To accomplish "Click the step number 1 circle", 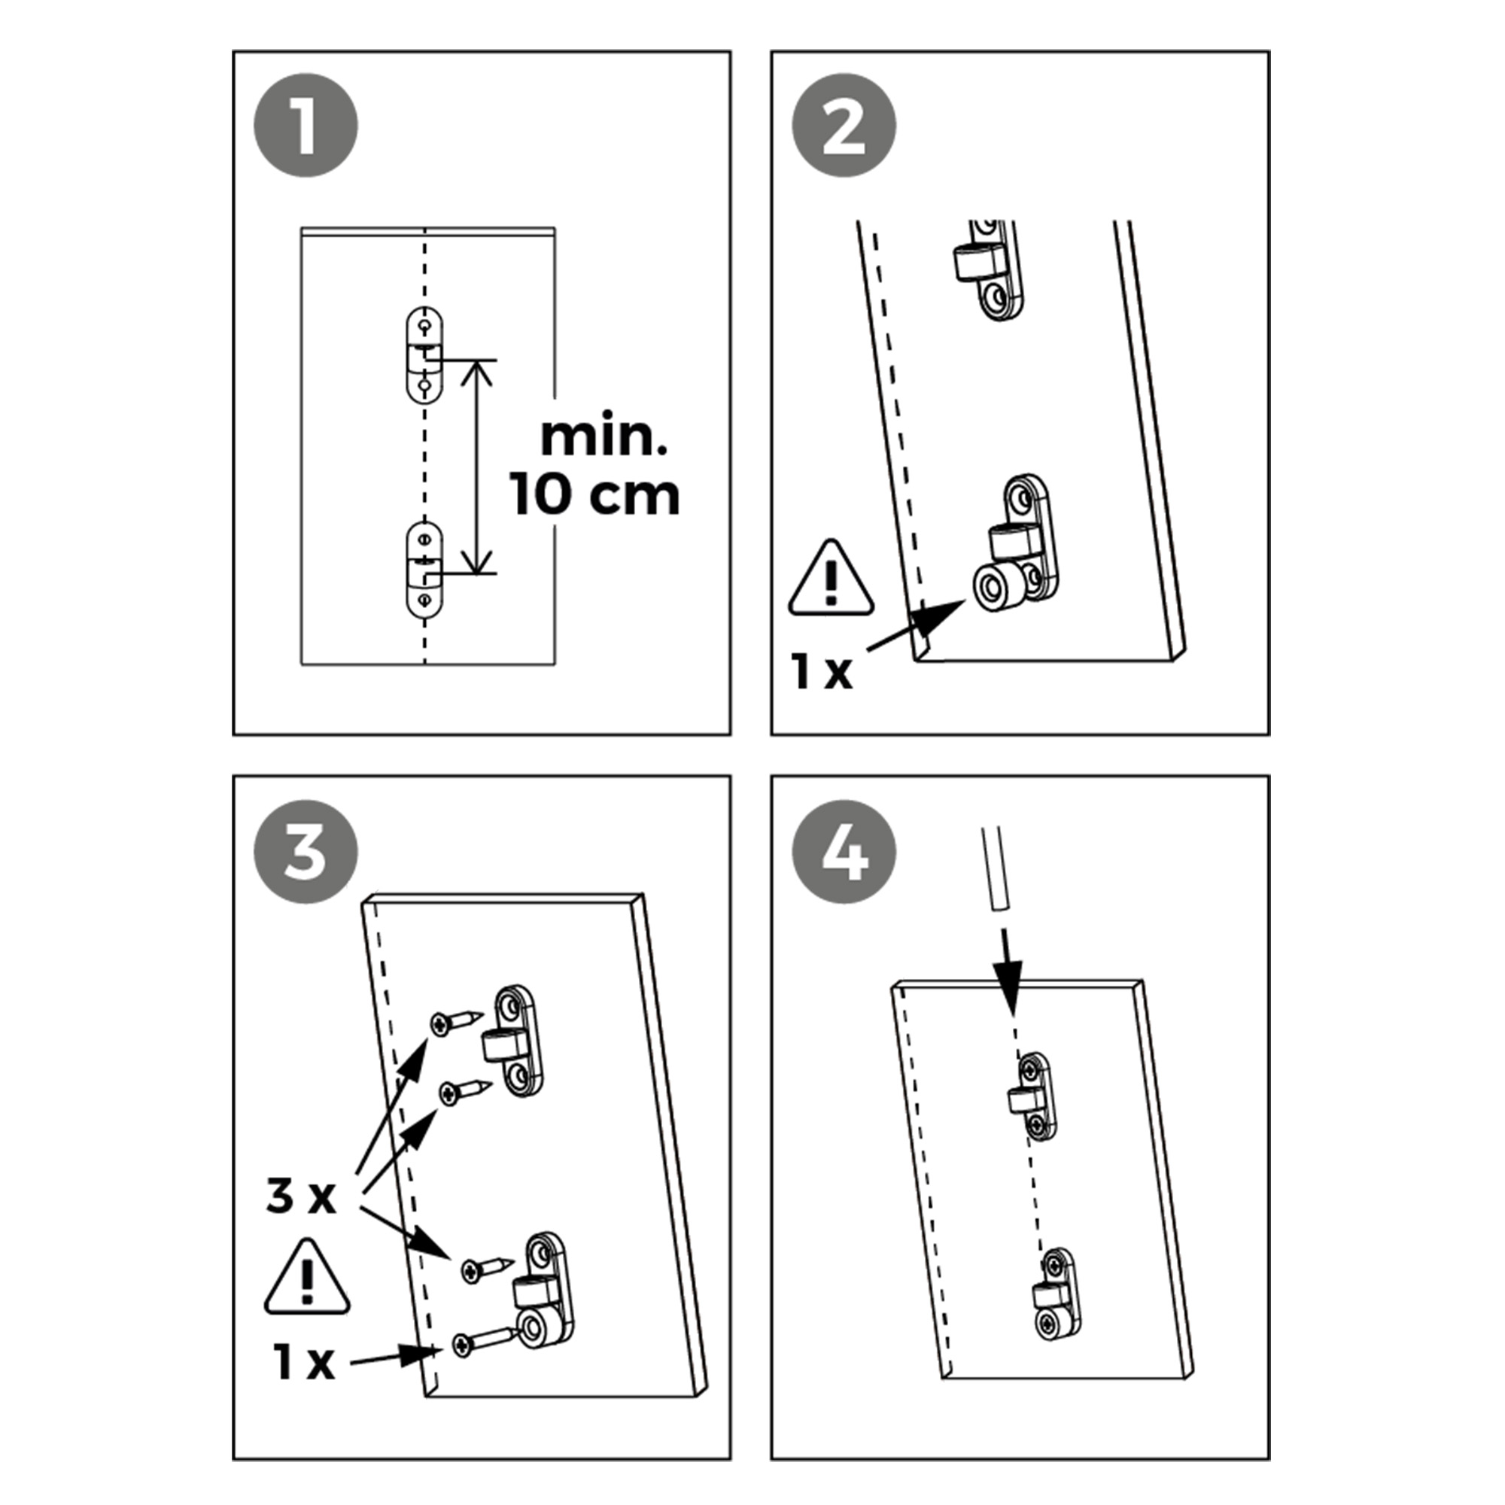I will pyautogui.click(x=306, y=126).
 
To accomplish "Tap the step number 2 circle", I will pyautogui.click(x=844, y=126).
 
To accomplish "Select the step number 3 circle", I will pyautogui.click(x=306, y=851).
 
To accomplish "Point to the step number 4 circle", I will pyautogui.click(x=844, y=851).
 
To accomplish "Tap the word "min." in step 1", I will pyautogui.click(x=604, y=438).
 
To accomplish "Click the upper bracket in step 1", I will pyautogui.click(x=424, y=355).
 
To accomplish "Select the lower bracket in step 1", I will pyautogui.click(x=424, y=570).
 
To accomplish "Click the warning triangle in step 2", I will pyautogui.click(x=831, y=579).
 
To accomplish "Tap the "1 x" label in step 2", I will pyautogui.click(x=822, y=670).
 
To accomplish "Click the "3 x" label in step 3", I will pyautogui.click(x=301, y=1196).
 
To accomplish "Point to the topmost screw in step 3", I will pyautogui.click(x=456, y=1021).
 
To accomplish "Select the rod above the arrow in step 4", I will pyautogui.click(x=995, y=868).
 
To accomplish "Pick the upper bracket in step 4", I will pyautogui.click(x=1034, y=1096).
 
